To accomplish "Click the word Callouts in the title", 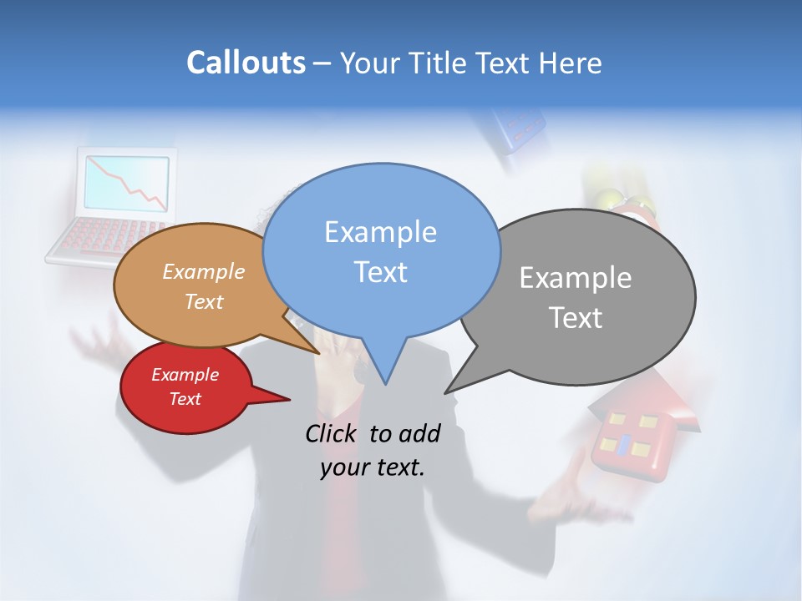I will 246,63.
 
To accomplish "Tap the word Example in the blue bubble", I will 380,232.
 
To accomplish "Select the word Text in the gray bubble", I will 576,318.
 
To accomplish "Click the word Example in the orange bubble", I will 204,271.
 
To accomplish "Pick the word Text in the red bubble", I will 185,399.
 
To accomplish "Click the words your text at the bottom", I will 373,467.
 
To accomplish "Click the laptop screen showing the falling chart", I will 126,183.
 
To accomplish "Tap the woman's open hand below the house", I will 576,501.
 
